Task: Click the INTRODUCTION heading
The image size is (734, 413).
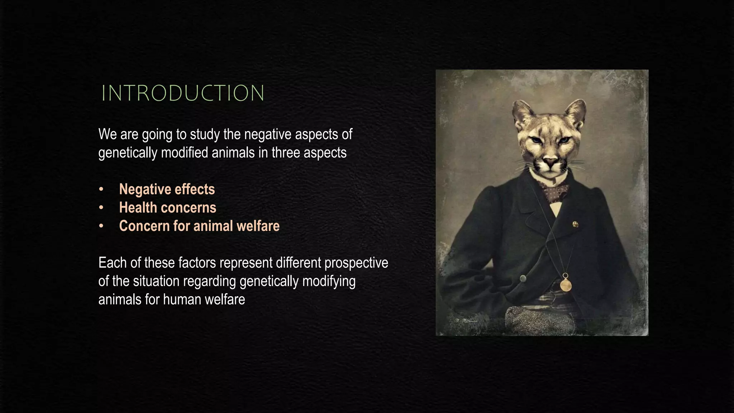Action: pos(183,93)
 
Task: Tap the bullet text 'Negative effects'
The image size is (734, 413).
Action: pos(167,189)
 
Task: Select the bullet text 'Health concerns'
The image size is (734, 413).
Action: pos(167,208)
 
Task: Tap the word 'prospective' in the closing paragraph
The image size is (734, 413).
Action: pos(356,263)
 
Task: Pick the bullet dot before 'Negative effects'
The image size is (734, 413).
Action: pos(101,189)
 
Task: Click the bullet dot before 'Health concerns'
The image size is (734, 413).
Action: pos(101,208)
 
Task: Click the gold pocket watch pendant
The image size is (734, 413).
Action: pos(566,285)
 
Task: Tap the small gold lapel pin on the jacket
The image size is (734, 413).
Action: pos(575,224)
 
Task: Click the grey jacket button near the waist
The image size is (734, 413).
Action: pos(523,278)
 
